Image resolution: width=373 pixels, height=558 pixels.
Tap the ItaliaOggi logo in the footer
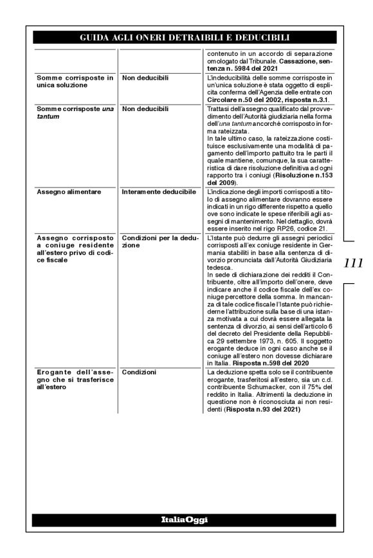click(x=186, y=519)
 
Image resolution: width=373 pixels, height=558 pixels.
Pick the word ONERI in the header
click(x=147, y=37)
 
